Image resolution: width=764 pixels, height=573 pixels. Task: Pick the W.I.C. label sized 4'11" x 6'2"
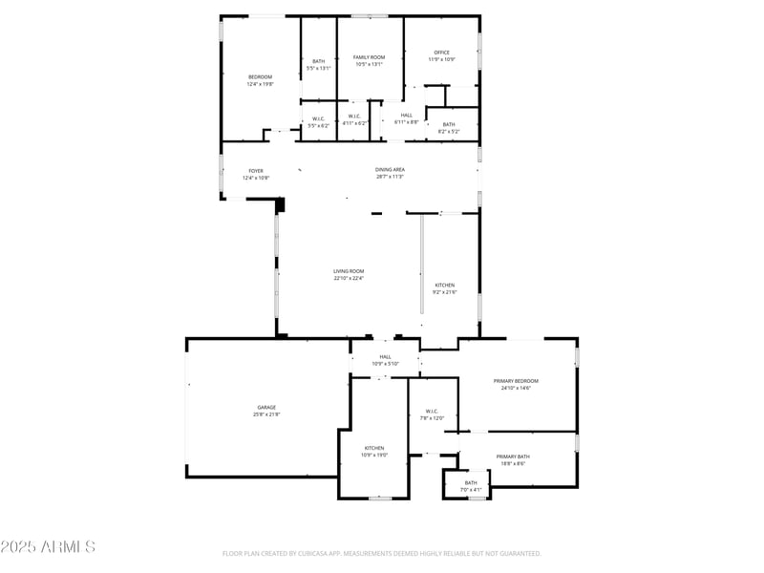point(354,119)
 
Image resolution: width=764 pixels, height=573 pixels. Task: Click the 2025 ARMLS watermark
point(48,547)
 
